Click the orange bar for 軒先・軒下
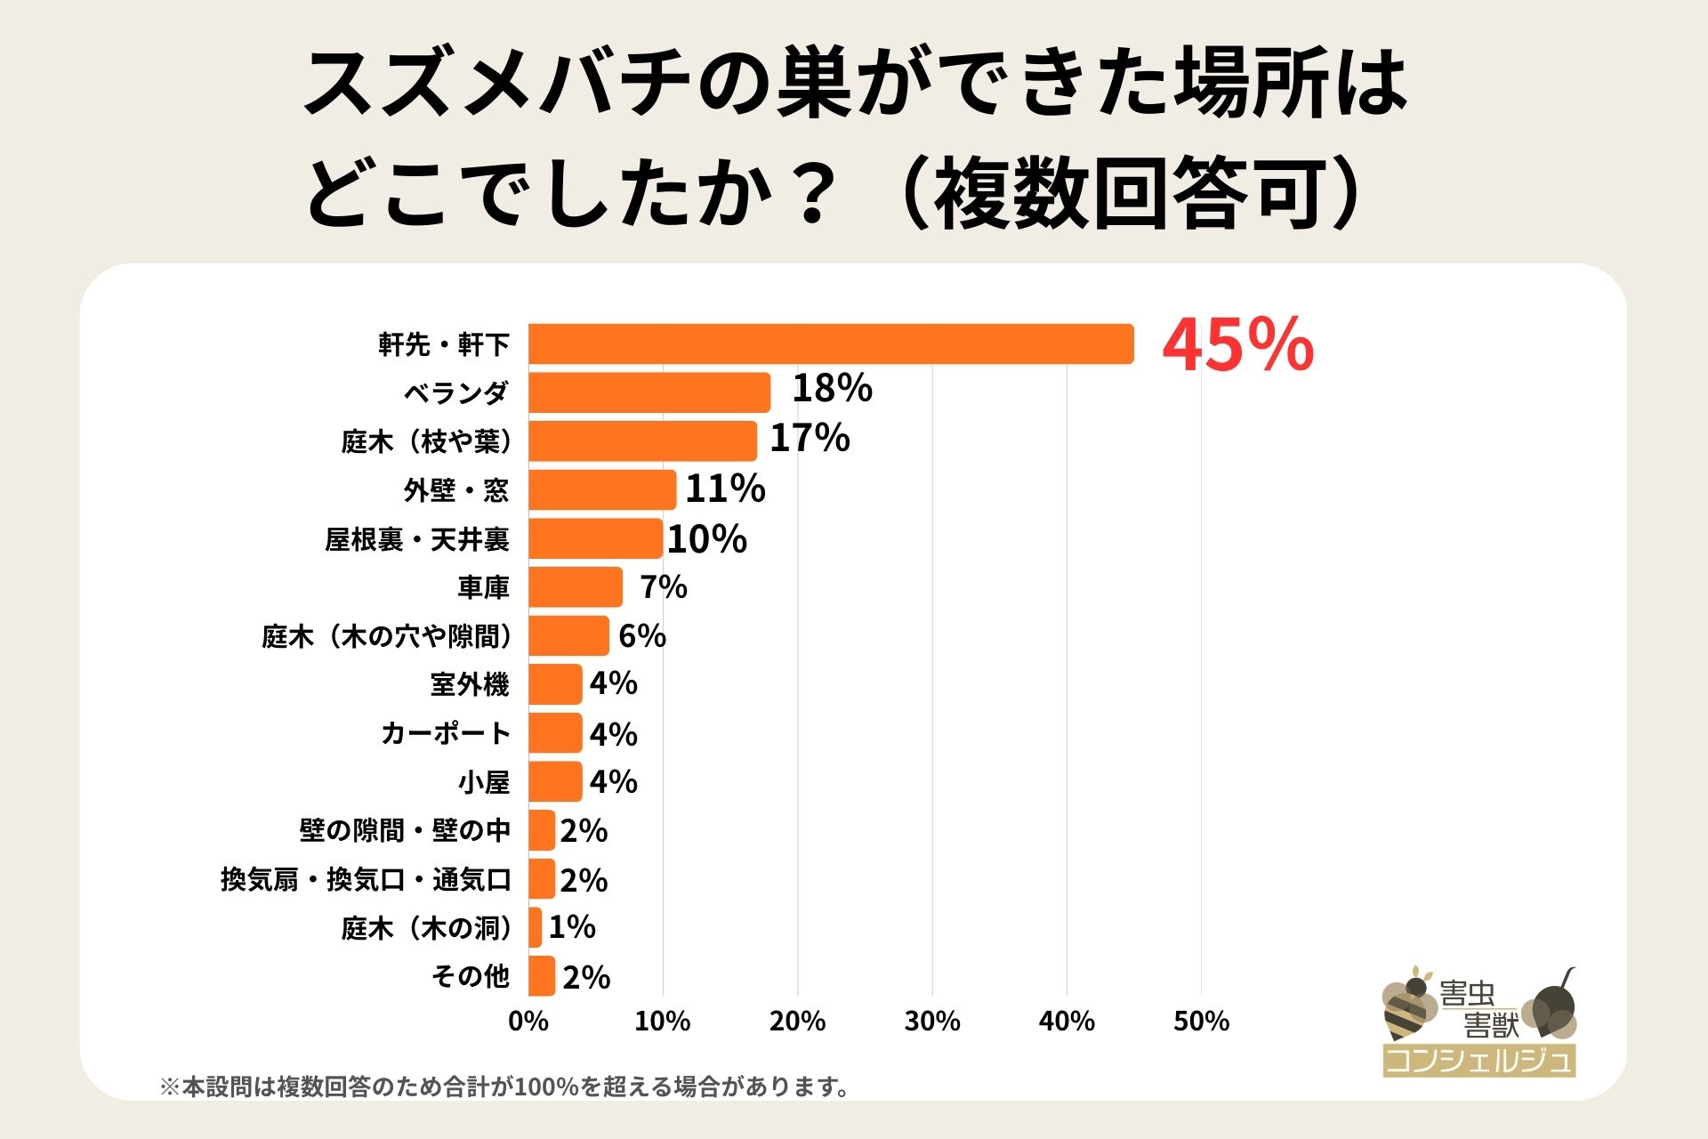[x=831, y=344]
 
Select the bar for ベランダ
[x=649, y=392]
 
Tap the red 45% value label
[x=1237, y=345]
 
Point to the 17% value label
[x=810, y=439]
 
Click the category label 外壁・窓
[x=456, y=490]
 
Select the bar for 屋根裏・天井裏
[x=595, y=538]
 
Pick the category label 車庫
[x=483, y=587]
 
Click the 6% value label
[x=642, y=636]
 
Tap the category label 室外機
[x=470, y=684]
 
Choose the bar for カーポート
[x=555, y=733]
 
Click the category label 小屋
[x=484, y=782]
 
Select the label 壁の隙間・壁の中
[x=405, y=830]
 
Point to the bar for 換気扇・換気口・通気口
[x=542, y=879]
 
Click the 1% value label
[x=572, y=927]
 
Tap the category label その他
[x=471, y=976]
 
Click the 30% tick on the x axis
[x=932, y=1021]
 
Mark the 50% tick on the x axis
[x=1201, y=1021]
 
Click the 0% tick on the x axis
[x=528, y=1021]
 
